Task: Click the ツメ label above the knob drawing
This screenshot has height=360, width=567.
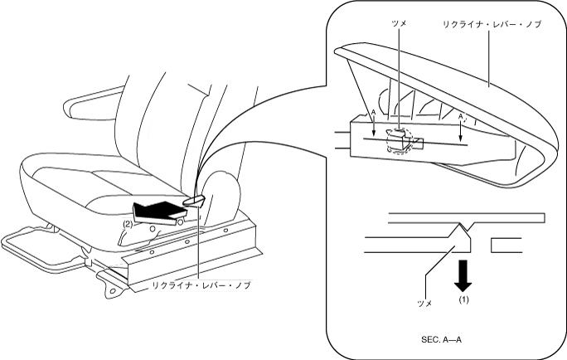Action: (x=399, y=25)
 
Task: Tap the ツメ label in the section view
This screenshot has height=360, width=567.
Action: (x=424, y=304)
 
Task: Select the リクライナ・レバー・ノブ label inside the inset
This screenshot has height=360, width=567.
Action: (x=490, y=25)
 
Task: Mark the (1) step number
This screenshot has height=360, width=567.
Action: (x=464, y=300)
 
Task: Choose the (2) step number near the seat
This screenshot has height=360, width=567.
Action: (x=128, y=223)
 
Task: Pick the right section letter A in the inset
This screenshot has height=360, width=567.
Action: (x=460, y=117)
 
